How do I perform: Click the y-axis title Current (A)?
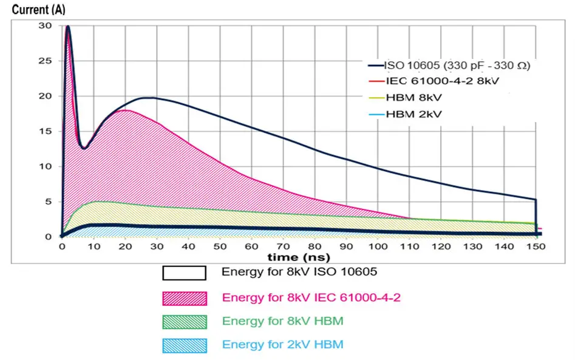pyautogui.click(x=36, y=10)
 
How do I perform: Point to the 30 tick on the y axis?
pyautogui.click(x=46, y=25)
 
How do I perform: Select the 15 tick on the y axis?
pyautogui.click(x=46, y=131)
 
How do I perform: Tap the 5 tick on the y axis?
pyautogui.click(x=48, y=202)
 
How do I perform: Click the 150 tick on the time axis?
pyautogui.click(x=536, y=247)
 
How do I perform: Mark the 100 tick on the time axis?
pyautogui.click(x=378, y=247)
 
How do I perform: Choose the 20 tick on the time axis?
pyautogui.click(x=124, y=247)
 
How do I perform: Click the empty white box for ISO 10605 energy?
pyautogui.click(x=184, y=273)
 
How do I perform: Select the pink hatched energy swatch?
pyautogui.click(x=184, y=298)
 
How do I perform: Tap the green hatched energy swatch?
pyautogui.click(x=184, y=322)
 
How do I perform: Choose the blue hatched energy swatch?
pyautogui.click(x=184, y=345)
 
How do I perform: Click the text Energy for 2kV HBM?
pyautogui.click(x=282, y=345)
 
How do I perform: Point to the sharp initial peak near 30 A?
pyautogui.click(x=68, y=27)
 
